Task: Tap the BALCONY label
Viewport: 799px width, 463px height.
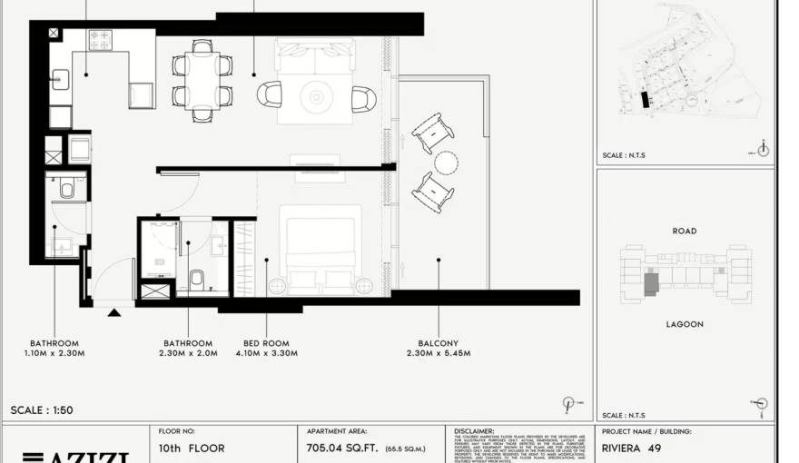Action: coord(439,344)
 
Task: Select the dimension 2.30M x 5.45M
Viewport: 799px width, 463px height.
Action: coord(439,353)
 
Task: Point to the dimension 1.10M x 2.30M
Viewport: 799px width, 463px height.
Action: coord(54,353)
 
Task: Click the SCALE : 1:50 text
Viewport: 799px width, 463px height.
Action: coord(42,410)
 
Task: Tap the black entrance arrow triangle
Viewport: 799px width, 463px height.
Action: coord(114,313)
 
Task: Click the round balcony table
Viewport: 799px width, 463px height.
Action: coord(446,163)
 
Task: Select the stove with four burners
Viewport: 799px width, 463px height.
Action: coord(99,40)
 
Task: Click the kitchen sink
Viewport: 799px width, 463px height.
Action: coord(60,79)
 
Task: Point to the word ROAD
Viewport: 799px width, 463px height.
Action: coord(685,231)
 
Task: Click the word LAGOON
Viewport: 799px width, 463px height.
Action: coord(685,324)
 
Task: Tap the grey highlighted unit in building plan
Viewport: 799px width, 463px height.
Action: coord(652,283)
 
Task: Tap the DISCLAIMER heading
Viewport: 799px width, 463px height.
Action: coord(476,432)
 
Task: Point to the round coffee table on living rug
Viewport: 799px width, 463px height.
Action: coord(318,94)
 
